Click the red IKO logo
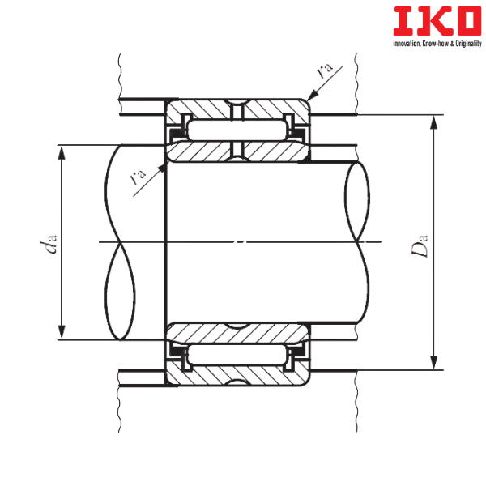[x=437, y=21]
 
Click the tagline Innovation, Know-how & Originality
[x=437, y=44]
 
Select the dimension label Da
[x=420, y=246]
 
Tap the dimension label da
[x=49, y=244]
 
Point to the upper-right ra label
[x=325, y=69]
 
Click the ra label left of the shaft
[x=137, y=176]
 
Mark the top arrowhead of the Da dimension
[x=434, y=123]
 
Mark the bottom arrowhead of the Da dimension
[x=434, y=362]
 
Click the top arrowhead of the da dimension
[x=62, y=153]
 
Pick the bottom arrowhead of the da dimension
[x=62, y=332]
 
